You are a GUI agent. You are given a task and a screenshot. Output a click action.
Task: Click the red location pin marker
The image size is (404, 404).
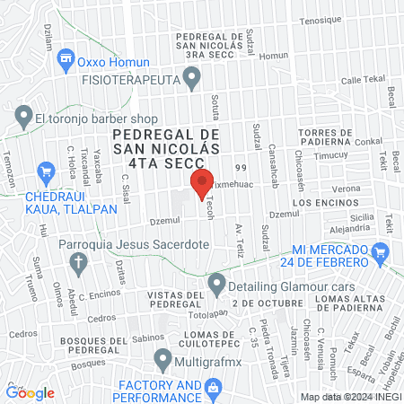201,186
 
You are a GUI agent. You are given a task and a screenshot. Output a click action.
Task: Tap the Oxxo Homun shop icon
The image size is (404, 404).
66,60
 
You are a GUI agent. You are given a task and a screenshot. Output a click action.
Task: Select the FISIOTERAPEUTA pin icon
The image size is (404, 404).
191,81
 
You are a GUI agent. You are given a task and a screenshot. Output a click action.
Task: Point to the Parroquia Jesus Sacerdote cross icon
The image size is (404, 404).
77,262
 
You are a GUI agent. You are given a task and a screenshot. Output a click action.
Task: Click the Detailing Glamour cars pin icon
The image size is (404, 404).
215,285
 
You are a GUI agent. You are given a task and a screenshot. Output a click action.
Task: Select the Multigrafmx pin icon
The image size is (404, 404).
162,359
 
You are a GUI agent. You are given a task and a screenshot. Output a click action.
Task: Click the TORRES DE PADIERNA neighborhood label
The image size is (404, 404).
323,136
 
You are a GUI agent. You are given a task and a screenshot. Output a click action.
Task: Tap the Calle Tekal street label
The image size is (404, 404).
362,80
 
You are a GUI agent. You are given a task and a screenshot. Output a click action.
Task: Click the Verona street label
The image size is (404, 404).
346,189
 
